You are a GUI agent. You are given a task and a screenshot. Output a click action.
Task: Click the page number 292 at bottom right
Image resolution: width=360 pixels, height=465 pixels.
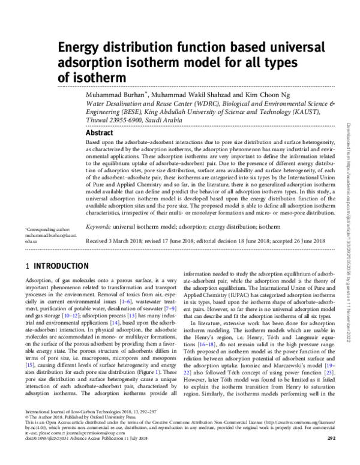[330, 454]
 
